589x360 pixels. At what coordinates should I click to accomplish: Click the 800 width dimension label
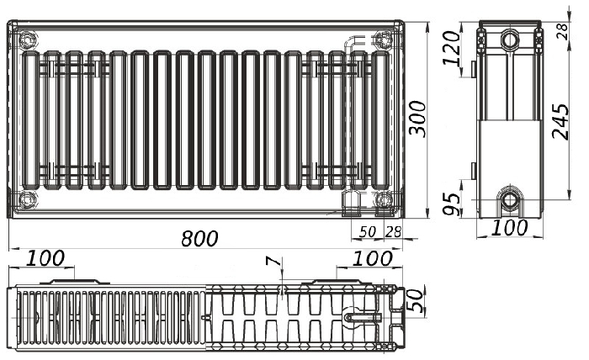[199, 238]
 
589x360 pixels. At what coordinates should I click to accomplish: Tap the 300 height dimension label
[417, 119]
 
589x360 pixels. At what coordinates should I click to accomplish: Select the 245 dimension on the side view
[560, 122]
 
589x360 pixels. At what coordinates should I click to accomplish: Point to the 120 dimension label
[452, 48]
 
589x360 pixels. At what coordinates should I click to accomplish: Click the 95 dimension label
[452, 204]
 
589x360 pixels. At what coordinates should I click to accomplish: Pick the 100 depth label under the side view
[509, 227]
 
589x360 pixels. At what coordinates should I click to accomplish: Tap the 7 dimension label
[273, 261]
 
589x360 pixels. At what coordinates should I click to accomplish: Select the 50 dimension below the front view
[368, 232]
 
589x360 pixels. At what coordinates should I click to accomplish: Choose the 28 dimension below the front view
[393, 232]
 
